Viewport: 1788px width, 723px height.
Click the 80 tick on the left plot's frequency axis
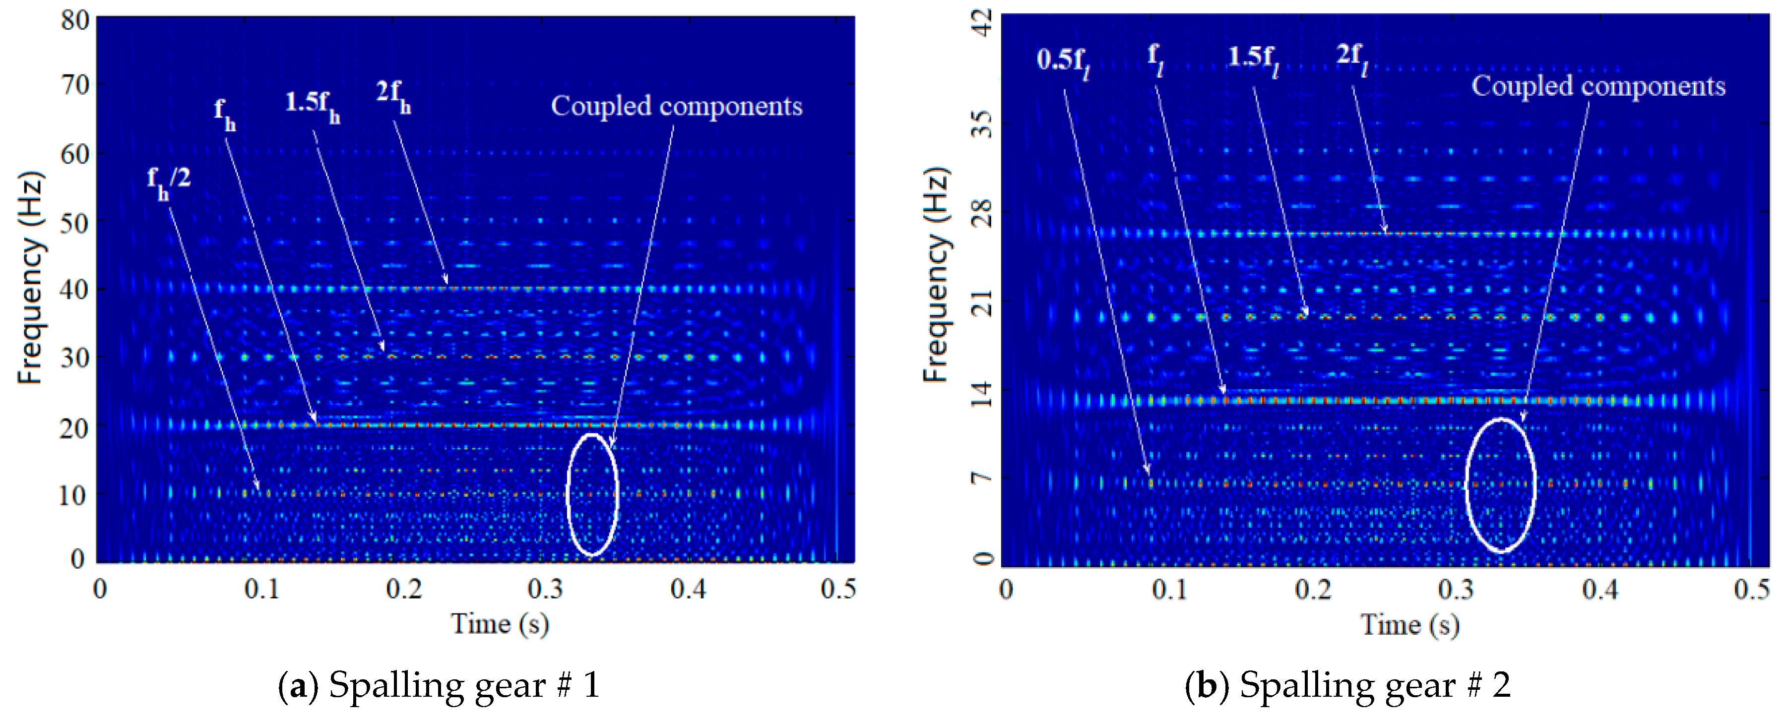[x=74, y=20]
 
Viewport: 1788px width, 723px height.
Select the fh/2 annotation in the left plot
[x=168, y=182]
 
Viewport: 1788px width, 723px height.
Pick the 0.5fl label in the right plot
[x=1063, y=62]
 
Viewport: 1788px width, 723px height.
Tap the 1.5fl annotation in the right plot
[x=1254, y=59]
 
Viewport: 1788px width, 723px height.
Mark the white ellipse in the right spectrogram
[x=1501, y=485]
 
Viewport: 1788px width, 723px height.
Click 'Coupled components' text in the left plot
[x=676, y=106]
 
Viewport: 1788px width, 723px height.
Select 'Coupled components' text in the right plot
[x=1598, y=86]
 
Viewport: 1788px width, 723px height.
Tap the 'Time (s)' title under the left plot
[x=500, y=624]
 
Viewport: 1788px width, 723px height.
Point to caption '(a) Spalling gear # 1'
[x=439, y=685]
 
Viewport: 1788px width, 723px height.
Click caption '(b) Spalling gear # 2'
[x=1347, y=685]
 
